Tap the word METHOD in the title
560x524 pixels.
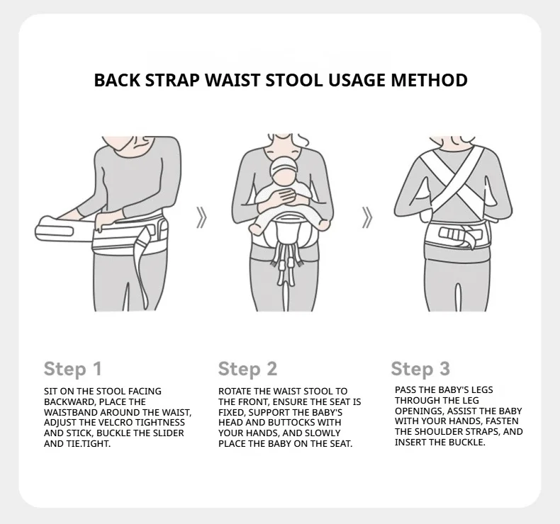coord(429,80)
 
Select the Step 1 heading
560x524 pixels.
coord(73,369)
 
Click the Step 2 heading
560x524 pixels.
coord(247,369)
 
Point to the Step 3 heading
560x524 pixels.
coord(420,369)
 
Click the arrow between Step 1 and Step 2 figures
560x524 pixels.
coord(202,217)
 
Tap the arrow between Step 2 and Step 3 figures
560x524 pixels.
coord(367,217)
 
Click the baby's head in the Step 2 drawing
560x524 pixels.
coord(284,169)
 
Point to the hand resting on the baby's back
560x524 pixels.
coord(289,195)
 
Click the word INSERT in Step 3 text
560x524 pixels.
coord(410,443)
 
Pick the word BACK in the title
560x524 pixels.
coord(117,80)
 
